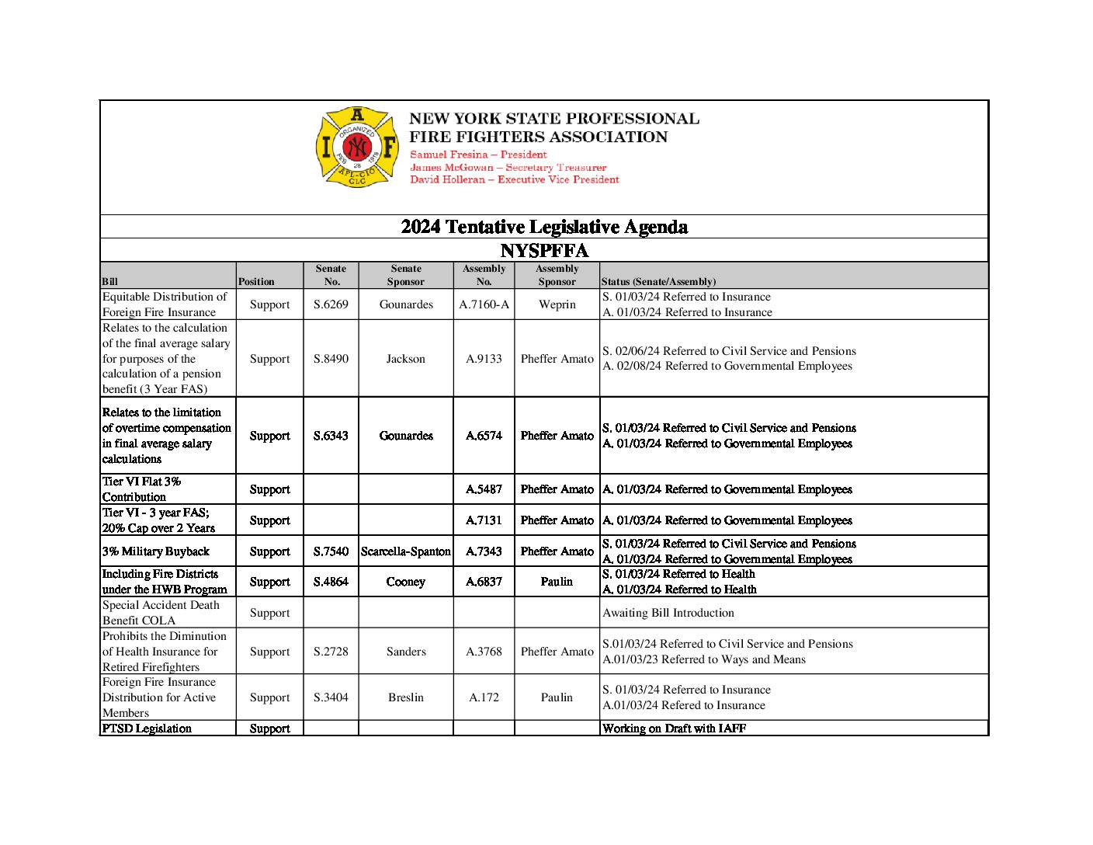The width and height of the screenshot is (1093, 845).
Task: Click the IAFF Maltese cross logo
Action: (x=356, y=147)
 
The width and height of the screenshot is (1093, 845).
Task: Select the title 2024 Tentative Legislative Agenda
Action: (x=544, y=227)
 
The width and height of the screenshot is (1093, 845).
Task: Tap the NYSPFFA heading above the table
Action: (x=544, y=251)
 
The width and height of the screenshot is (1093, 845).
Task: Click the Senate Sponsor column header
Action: (x=406, y=275)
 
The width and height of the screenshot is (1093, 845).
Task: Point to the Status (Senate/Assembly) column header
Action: (x=658, y=282)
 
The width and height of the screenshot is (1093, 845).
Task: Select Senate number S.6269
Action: (x=331, y=304)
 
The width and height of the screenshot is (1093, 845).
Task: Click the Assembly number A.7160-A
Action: (x=484, y=304)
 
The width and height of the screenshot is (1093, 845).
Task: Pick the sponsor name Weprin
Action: (x=557, y=304)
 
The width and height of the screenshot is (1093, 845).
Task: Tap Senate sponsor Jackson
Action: (x=406, y=359)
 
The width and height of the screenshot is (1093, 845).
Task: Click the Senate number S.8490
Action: (x=331, y=359)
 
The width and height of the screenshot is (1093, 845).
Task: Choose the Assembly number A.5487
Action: (x=484, y=489)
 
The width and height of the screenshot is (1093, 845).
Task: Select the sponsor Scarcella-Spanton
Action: (x=406, y=551)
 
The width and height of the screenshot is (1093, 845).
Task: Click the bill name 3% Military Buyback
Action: (x=156, y=551)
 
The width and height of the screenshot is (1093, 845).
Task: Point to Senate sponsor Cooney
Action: (x=406, y=582)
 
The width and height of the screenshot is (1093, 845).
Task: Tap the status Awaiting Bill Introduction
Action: (x=668, y=613)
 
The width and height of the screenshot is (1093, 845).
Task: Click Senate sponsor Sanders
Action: (x=406, y=652)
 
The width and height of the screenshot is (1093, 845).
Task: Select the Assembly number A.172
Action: (x=484, y=697)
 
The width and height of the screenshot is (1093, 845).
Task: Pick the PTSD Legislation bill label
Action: (x=147, y=729)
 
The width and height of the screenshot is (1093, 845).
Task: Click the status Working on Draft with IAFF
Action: (x=674, y=729)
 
